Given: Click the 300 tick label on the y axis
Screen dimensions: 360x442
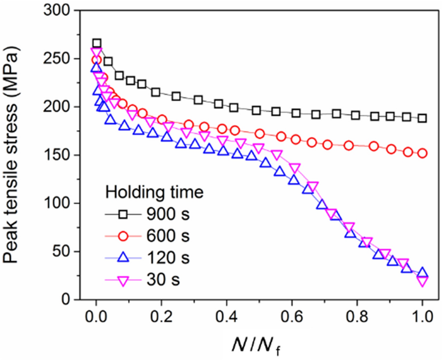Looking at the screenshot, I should click(x=56, y=10).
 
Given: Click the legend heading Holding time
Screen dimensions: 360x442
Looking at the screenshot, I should click(x=154, y=192).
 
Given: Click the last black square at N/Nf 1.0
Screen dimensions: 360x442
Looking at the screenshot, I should click(x=422, y=118).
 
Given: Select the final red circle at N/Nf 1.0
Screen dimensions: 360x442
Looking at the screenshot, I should click(x=422, y=153).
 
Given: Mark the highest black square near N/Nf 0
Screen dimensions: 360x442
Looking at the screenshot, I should click(x=97, y=43).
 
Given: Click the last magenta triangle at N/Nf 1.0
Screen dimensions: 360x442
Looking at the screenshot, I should click(x=422, y=281).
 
